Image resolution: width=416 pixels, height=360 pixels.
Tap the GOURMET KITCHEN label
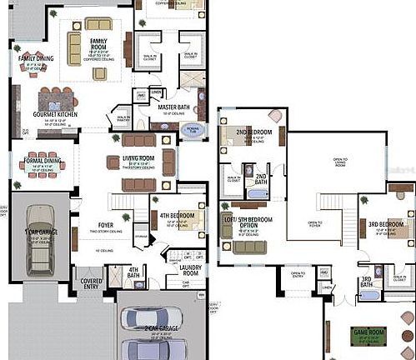coord(55,113)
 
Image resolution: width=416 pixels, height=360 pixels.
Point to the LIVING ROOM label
coord(138,157)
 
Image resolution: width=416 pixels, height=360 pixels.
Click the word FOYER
coord(105,224)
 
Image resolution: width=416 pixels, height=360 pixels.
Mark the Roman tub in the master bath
coord(193,129)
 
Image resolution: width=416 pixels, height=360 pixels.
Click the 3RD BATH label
coord(365,282)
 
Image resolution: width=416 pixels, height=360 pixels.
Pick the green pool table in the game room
coord(368,337)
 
